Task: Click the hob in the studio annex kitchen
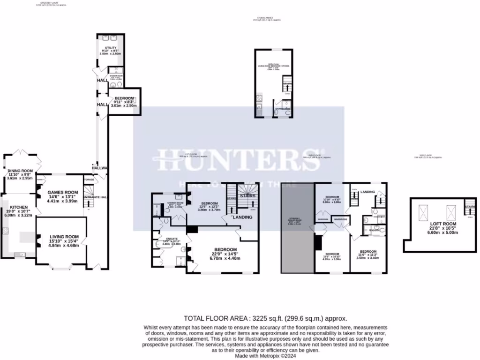259,98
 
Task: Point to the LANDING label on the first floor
243,217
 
